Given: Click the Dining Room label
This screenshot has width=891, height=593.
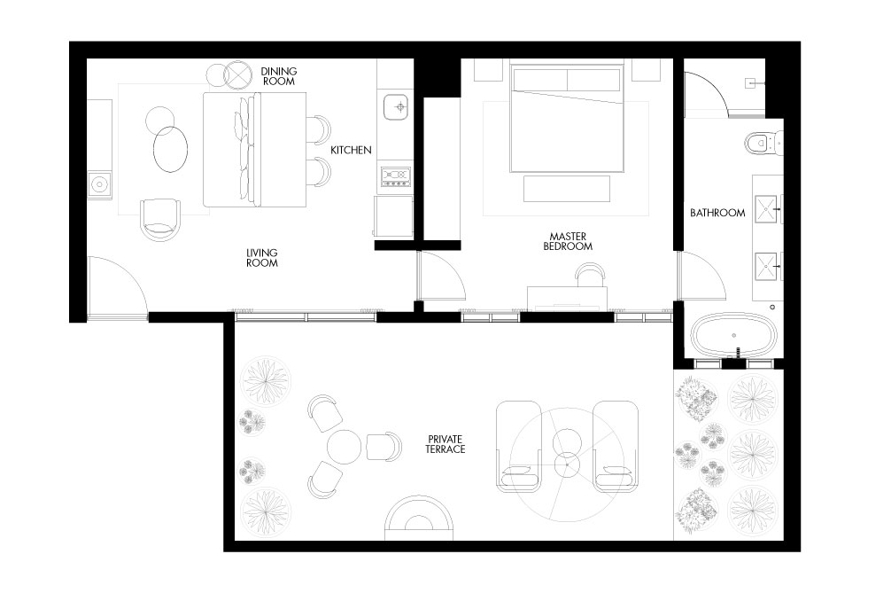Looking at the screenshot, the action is (x=278, y=76).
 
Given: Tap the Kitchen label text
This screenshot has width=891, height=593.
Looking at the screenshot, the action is (x=351, y=150).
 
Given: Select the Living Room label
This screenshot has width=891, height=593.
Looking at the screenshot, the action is (x=262, y=258).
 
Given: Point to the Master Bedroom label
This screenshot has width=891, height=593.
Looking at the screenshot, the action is (x=568, y=241).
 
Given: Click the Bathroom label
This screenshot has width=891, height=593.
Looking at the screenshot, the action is (x=717, y=213).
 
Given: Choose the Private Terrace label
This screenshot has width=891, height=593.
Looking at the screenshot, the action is (x=445, y=444).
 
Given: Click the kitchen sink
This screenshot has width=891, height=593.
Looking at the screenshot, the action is (x=396, y=106).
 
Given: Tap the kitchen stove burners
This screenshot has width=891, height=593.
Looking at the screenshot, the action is (x=396, y=176).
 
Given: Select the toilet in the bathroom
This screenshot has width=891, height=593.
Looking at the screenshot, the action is (x=763, y=142).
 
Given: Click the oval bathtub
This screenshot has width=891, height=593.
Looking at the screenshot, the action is (x=733, y=335).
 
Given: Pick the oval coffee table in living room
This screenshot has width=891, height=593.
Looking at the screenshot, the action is (x=170, y=149).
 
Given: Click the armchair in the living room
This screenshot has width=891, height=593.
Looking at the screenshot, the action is (x=161, y=220).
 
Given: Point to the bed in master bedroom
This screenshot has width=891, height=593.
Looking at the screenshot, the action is (x=567, y=118).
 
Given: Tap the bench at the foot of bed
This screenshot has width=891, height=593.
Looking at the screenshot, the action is (x=567, y=189).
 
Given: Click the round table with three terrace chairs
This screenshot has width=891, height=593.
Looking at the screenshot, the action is (x=344, y=447).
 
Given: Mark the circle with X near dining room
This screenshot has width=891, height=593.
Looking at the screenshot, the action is (x=237, y=75).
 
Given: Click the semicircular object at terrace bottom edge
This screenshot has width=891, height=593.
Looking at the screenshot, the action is (x=419, y=519).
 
